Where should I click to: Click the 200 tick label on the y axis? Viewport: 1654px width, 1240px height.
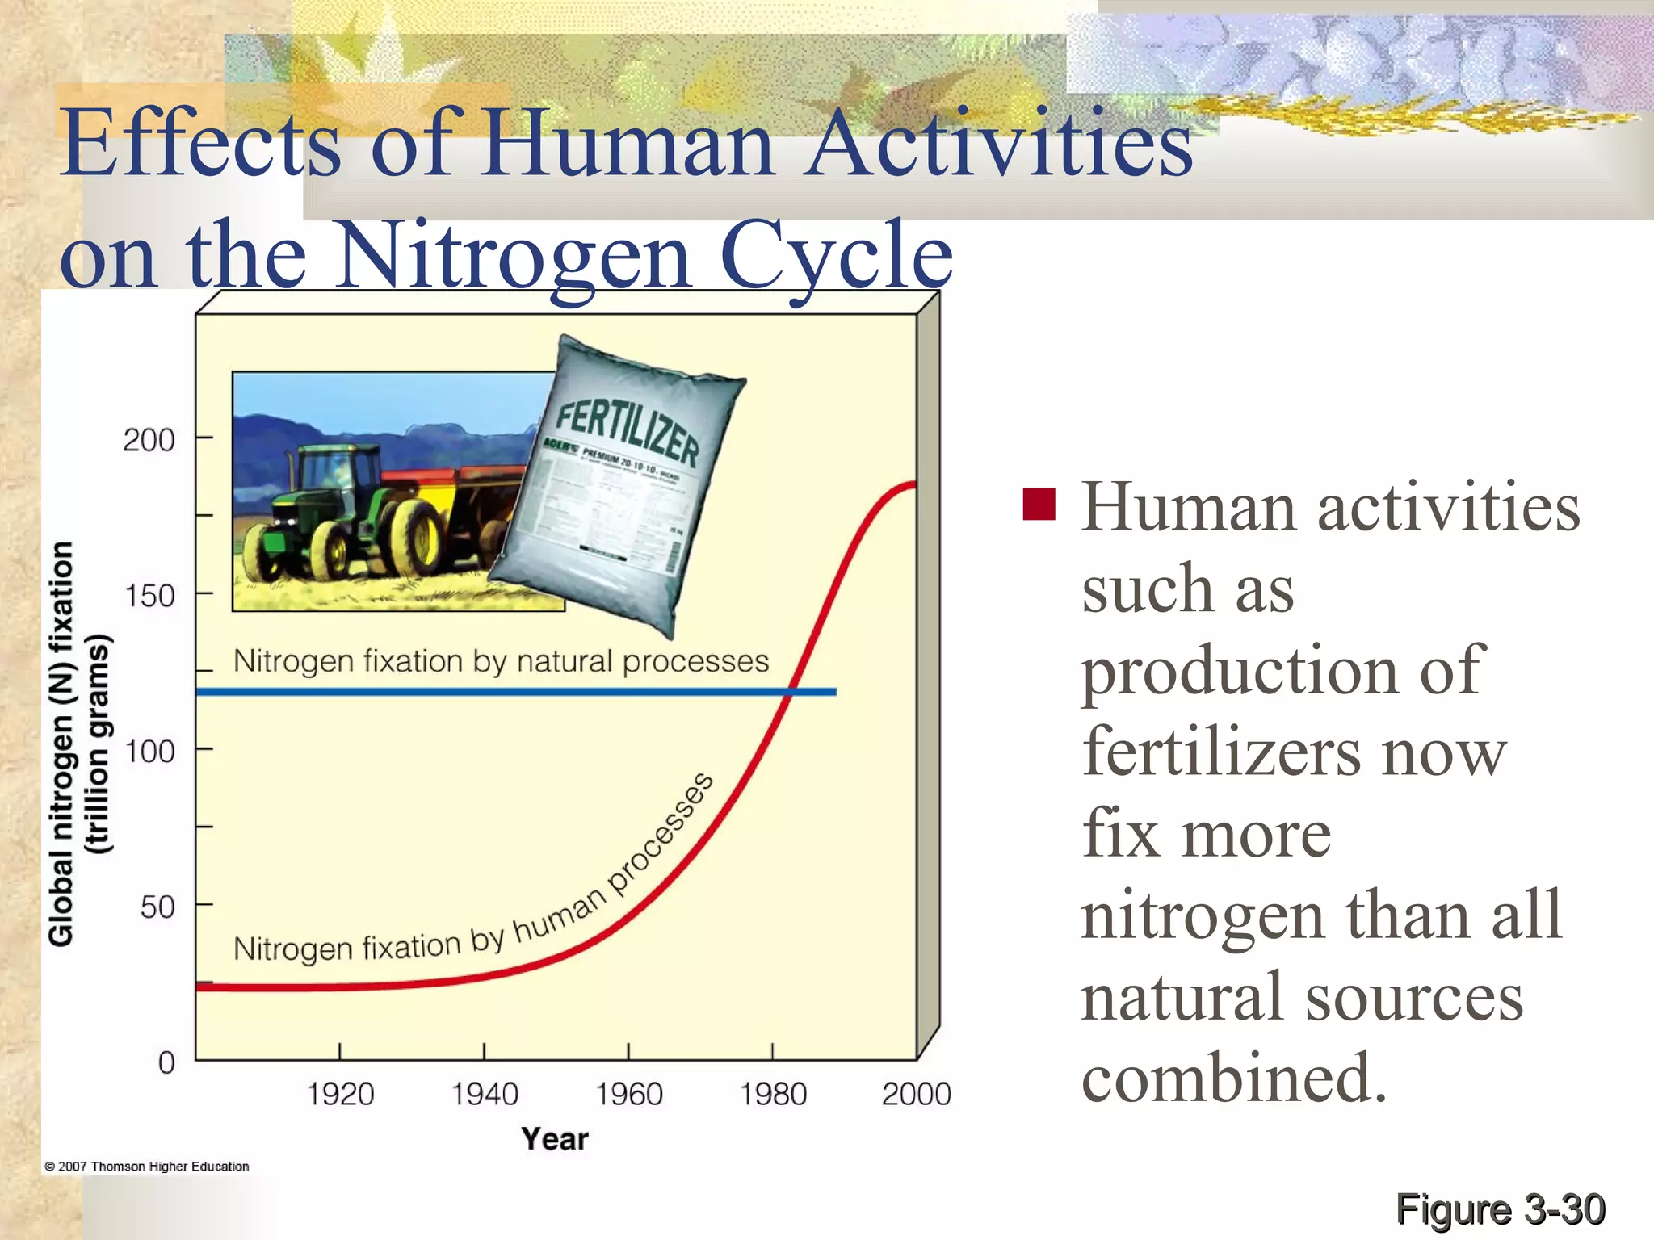pyautogui.click(x=149, y=441)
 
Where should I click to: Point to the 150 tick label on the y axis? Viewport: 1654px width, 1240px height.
pyautogui.click(x=149, y=597)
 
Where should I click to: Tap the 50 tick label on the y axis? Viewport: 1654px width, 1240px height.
pyautogui.click(x=157, y=907)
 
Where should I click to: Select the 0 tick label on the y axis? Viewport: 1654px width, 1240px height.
pyautogui.click(x=166, y=1062)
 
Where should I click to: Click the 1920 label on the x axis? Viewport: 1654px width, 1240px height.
pyautogui.click(x=340, y=1095)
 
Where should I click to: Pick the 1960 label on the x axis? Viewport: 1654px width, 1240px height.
pyautogui.click(x=628, y=1095)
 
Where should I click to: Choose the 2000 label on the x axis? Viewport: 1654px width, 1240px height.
pyautogui.click(x=916, y=1095)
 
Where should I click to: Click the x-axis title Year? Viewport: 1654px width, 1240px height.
pyautogui.click(x=555, y=1139)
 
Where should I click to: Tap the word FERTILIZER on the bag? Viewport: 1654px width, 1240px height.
pyautogui.click(x=627, y=434)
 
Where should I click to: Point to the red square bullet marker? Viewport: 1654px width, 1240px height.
pyautogui.click(x=1039, y=505)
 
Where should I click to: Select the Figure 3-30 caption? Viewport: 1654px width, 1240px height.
pyautogui.click(x=1500, y=1209)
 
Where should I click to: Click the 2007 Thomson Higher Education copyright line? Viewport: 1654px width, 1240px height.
pyautogui.click(x=147, y=1167)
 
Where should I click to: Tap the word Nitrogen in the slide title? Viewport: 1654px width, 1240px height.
pyautogui.click(x=514, y=257)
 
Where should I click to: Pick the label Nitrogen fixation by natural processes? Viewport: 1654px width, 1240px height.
pyautogui.click(x=501, y=661)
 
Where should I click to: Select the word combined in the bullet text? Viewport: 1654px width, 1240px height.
pyautogui.click(x=1233, y=1079)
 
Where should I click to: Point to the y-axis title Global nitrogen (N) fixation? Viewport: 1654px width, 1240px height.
pyautogui.click(x=61, y=743)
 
